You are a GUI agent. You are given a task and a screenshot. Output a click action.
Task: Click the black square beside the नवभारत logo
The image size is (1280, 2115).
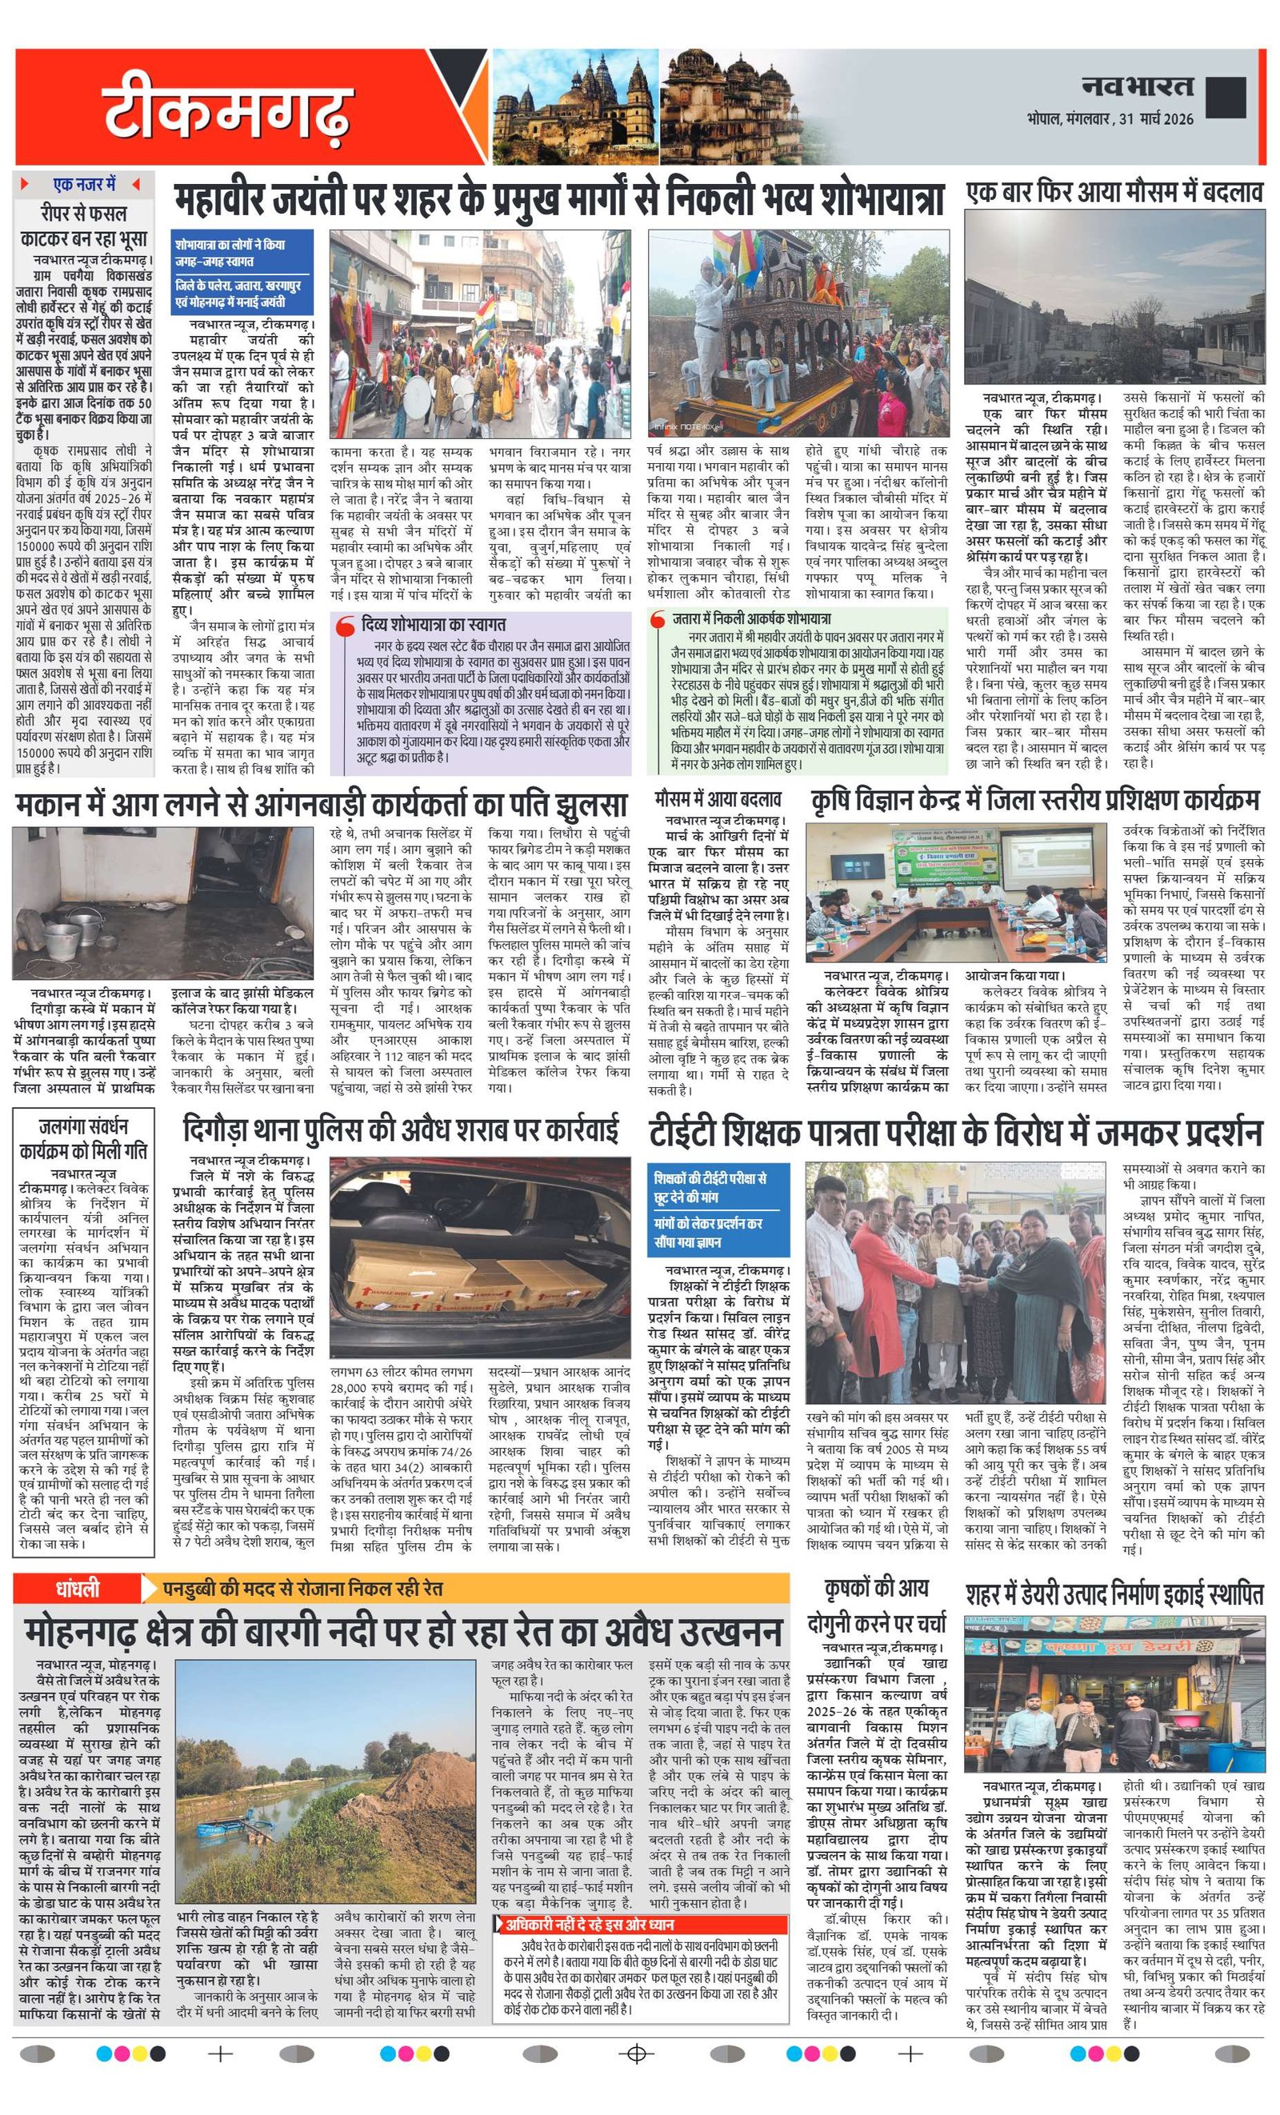pyautogui.click(x=1225, y=97)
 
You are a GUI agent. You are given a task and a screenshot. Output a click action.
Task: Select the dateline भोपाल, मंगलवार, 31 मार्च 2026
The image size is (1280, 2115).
pyautogui.click(x=1109, y=120)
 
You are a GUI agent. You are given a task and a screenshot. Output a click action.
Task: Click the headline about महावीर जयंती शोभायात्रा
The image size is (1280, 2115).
pyautogui.click(x=559, y=200)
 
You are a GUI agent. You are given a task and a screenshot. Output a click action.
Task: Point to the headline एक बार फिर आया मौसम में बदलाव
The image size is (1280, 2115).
pyautogui.click(x=1114, y=192)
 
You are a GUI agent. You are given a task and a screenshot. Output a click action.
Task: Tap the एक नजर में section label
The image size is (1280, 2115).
pyautogui.click(x=84, y=186)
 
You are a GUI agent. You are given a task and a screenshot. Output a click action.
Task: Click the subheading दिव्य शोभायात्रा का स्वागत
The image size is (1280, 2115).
pyautogui.click(x=433, y=624)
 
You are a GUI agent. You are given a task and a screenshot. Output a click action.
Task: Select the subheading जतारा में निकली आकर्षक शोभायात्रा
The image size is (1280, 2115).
pyautogui.click(x=750, y=618)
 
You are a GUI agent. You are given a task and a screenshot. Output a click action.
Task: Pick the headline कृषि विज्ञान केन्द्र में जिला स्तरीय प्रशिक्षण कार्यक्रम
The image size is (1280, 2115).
pyautogui.click(x=1035, y=800)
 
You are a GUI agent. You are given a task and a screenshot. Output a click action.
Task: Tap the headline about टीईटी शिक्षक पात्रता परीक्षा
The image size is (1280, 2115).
pyautogui.click(x=954, y=1132)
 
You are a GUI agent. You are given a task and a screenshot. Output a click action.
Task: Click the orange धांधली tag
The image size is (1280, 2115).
pyautogui.click(x=78, y=1589)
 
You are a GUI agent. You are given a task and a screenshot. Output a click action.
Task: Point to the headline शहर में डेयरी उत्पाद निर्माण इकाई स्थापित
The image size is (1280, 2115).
pyautogui.click(x=1114, y=1595)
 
